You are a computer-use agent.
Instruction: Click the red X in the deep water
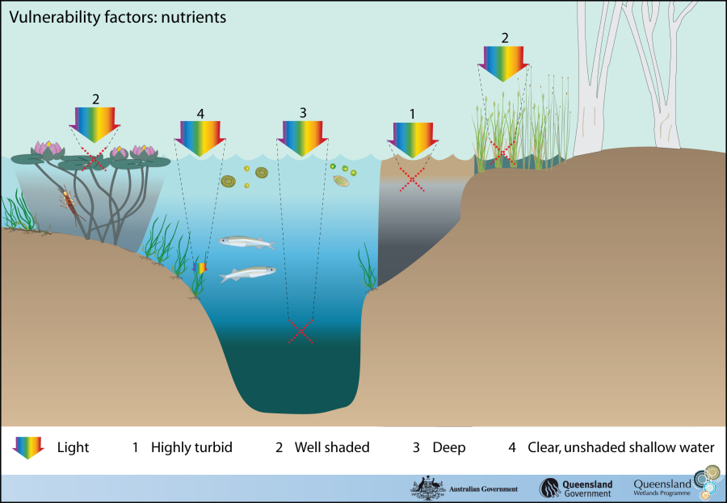click(301, 331)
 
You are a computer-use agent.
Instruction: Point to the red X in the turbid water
click(412, 180)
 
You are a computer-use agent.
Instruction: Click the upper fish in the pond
click(246, 241)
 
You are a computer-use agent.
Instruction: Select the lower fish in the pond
click(247, 275)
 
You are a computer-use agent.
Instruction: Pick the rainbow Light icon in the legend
click(28, 446)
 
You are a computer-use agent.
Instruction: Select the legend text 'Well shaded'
click(331, 446)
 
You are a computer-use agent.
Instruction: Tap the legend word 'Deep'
click(448, 446)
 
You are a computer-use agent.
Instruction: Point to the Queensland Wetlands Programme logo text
click(663, 487)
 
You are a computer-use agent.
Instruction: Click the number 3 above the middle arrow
click(303, 113)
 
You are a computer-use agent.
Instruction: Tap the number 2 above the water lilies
click(95, 99)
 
